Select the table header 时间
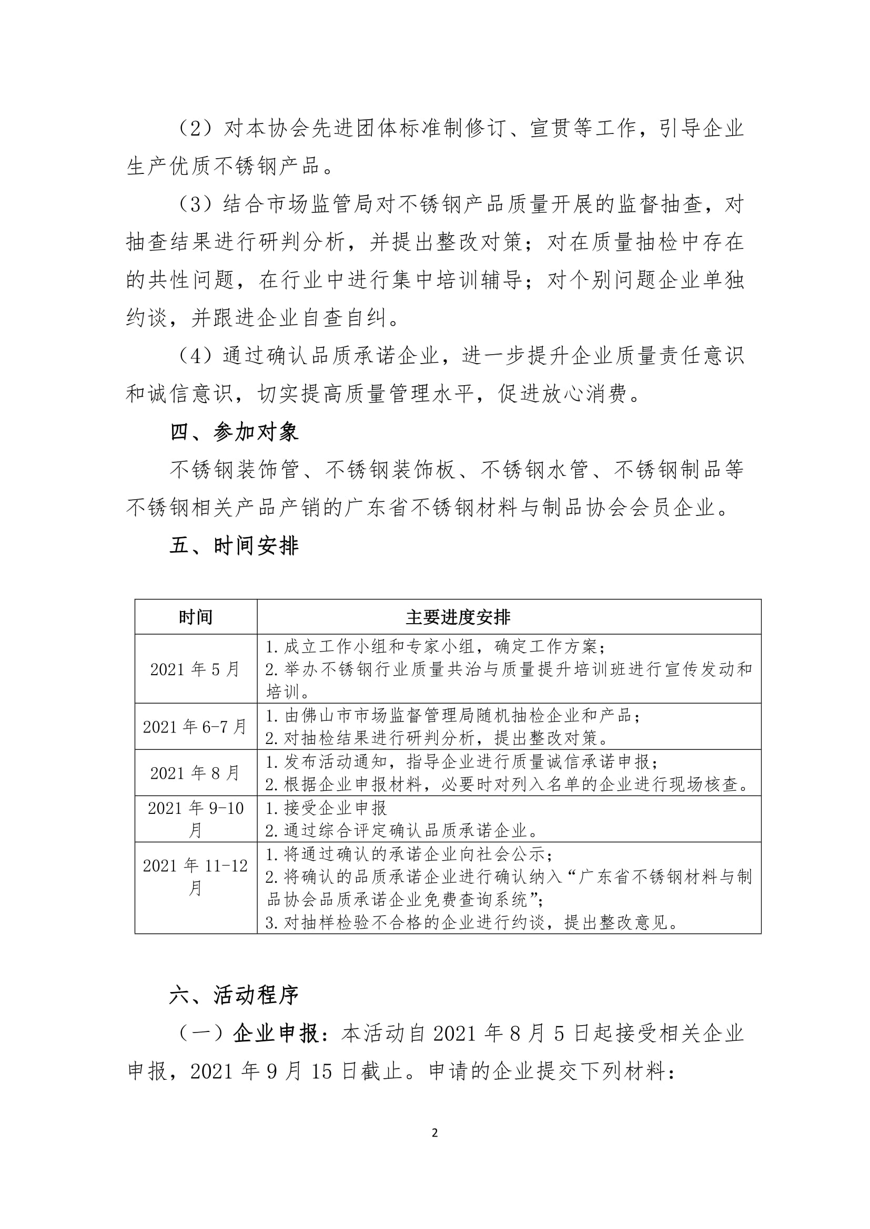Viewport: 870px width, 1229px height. click(196, 617)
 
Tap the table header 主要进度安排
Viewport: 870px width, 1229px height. click(458, 617)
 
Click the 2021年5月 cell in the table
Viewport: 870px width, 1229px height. click(196, 669)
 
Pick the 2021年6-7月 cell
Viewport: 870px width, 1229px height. click(196, 727)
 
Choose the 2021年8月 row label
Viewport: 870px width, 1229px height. click(196, 773)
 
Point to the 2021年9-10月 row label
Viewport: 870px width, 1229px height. click(196, 819)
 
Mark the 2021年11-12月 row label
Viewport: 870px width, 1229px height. click(196, 877)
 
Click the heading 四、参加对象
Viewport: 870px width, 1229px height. click(234, 432)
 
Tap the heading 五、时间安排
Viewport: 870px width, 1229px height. click(234, 546)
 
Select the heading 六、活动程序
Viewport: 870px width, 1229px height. click(234, 996)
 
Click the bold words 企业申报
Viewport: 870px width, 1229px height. click(277, 1034)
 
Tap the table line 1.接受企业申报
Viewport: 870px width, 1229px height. click(326, 808)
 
